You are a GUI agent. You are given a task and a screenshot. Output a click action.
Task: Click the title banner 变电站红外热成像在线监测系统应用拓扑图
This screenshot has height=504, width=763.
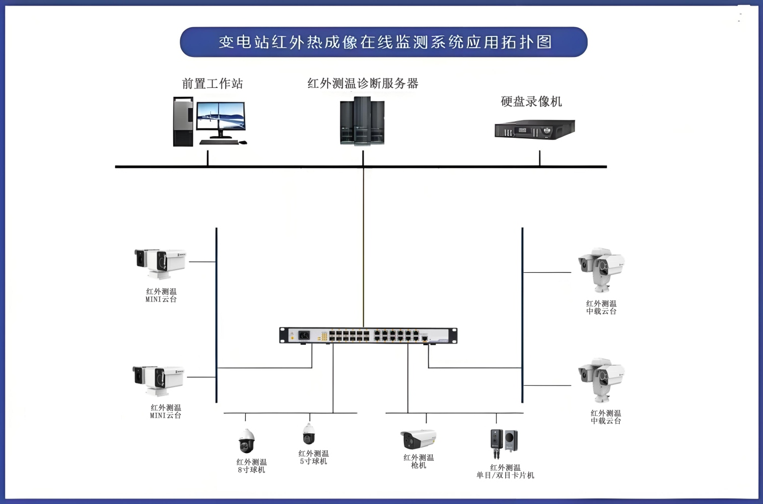383,42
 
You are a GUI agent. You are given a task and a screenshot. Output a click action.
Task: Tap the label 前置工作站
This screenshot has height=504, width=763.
212,84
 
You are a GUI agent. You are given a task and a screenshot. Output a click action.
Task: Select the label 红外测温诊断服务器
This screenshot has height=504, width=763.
363,83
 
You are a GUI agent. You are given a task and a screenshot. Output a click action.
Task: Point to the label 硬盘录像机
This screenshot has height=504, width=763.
531,101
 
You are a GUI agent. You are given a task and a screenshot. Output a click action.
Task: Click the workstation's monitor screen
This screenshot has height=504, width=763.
221,116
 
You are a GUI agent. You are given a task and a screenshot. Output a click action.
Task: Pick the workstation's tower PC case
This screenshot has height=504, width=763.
183,122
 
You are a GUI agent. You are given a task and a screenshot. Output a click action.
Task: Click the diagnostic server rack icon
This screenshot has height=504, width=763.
362,121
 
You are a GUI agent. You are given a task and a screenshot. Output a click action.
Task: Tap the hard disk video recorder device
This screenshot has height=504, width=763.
535,129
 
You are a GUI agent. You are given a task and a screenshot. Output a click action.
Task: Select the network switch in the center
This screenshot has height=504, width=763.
368,335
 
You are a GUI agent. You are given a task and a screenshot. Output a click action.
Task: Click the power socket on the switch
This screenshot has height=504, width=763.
304,335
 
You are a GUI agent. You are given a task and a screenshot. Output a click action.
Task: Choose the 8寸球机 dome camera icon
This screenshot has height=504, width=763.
246,441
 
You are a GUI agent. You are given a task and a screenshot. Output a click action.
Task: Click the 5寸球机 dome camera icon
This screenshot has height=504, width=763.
309,434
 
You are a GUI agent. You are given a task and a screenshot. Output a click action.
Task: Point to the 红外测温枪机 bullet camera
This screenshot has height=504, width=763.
418,439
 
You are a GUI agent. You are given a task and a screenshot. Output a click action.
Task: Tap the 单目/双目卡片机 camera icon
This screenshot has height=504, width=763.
504,444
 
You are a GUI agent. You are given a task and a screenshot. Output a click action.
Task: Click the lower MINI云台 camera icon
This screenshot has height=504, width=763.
158,381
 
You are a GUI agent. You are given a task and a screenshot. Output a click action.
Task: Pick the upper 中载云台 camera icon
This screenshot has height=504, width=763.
601,270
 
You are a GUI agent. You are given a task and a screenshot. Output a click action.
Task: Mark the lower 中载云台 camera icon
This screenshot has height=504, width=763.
601,380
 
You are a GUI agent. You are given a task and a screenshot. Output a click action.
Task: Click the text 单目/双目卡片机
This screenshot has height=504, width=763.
505,475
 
